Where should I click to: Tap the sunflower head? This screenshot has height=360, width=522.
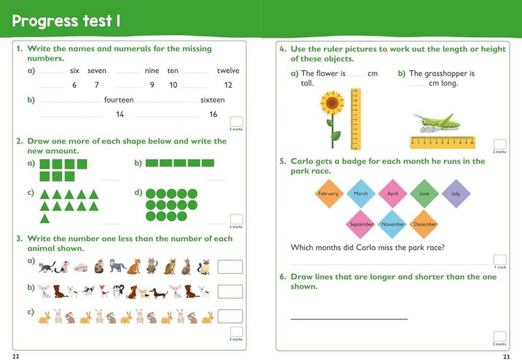333,103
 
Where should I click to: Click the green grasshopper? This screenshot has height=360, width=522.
435,122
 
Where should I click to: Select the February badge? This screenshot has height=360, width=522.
328,194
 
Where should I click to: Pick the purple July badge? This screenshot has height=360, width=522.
455,194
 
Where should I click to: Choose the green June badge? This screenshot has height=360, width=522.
424,194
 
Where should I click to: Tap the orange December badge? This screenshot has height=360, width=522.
425,224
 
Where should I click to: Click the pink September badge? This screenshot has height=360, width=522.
361,224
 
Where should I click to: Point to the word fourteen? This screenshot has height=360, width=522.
119,100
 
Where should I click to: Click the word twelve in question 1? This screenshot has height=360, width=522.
228,70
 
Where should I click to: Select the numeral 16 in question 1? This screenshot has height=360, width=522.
213,115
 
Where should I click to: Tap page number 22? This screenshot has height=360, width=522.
16,355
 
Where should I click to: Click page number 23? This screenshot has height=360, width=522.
506,355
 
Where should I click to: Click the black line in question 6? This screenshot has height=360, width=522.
349,319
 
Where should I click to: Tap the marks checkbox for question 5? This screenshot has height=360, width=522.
500,260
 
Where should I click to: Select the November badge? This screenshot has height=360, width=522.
393,224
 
